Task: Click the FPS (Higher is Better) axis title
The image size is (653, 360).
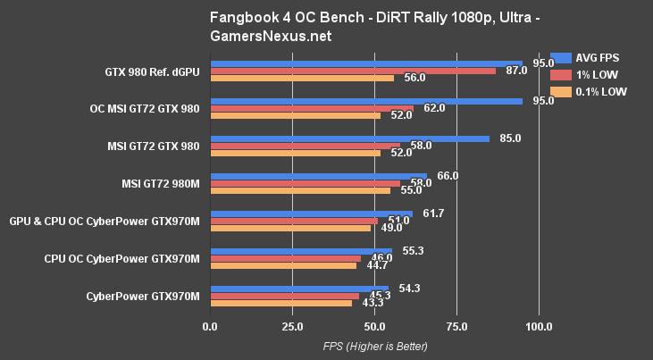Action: (374, 346)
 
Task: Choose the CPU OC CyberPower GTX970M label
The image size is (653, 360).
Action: (121, 258)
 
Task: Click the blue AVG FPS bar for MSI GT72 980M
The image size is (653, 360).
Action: (318, 177)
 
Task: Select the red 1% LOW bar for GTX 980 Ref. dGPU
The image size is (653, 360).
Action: (352, 71)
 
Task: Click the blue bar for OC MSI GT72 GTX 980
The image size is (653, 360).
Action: (365, 101)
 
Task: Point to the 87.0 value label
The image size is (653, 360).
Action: (516, 71)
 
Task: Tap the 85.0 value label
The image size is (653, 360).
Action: (510, 138)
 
